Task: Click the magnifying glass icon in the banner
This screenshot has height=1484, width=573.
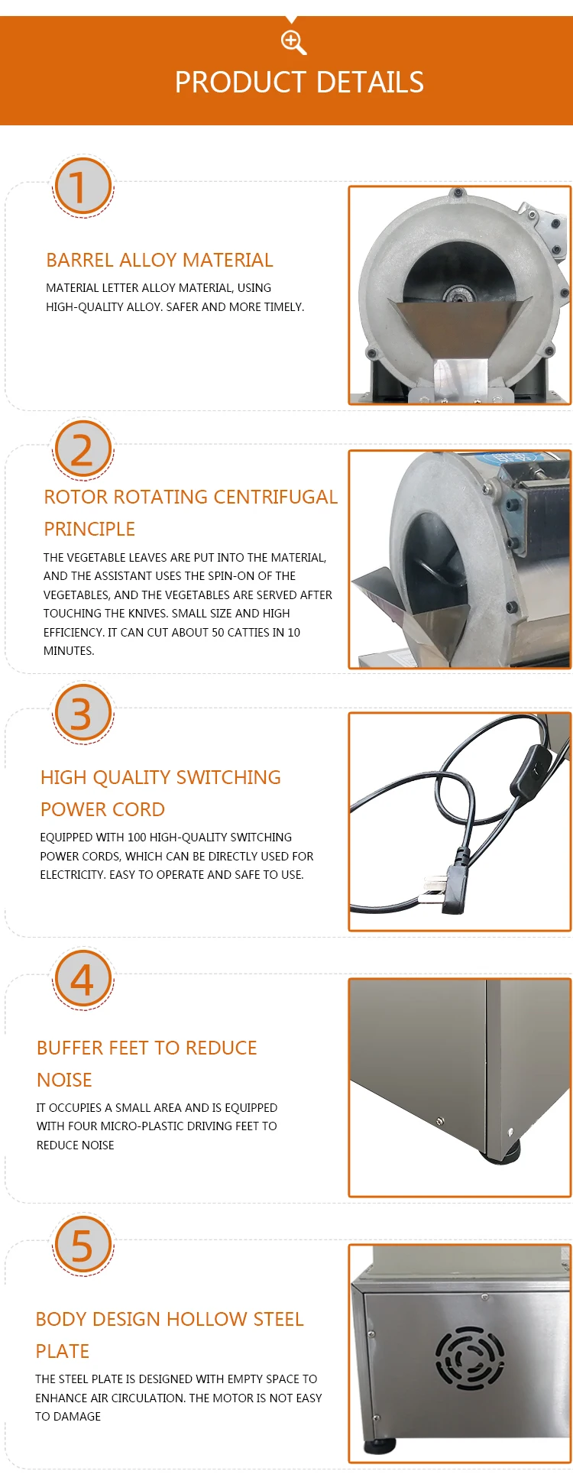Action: [293, 42]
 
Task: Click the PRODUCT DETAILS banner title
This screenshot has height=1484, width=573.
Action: [299, 83]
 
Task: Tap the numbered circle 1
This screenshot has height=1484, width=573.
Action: [83, 186]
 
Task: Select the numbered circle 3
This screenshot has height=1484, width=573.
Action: [83, 714]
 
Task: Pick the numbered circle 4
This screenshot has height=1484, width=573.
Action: [83, 979]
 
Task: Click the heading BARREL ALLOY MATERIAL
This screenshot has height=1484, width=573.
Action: [160, 261]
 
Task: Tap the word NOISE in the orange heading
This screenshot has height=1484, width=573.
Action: [64, 1081]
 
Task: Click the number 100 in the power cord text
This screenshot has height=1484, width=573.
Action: [137, 838]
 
